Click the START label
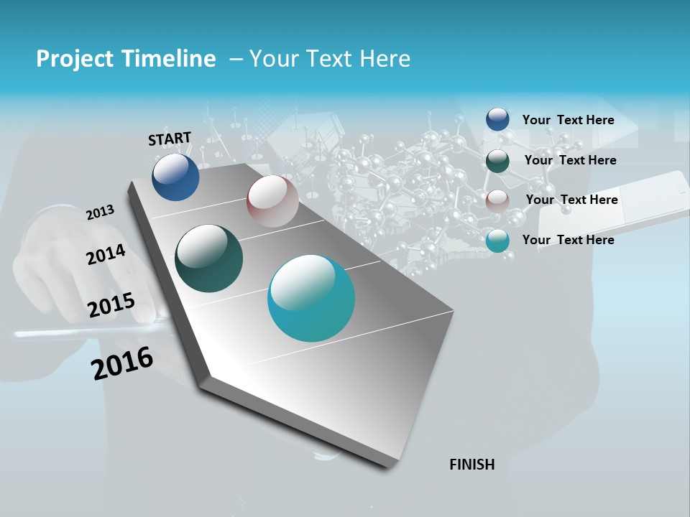point(170,139)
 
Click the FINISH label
point(471,465)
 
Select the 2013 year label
point(100,213)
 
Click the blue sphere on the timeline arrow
point(175,177)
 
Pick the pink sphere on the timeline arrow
point(272,201)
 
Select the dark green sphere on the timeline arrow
point(208,258)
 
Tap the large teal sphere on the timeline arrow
point(311,298)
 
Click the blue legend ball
point(497,119)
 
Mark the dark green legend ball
point(497,160)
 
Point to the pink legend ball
point(497,200)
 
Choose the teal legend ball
point(497,241)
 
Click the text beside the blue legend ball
point(568,120)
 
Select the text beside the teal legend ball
point(568,240)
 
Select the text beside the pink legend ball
point(571,200)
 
